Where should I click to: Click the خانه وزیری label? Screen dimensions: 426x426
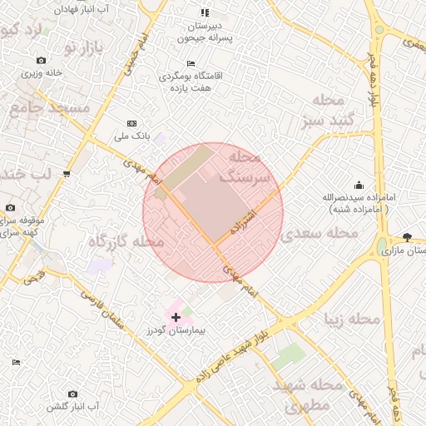42,72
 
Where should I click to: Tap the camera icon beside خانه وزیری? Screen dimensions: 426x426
42,61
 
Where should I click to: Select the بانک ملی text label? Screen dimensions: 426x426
132,135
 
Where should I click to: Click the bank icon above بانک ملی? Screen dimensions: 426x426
132,123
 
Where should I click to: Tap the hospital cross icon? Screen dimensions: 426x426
176,317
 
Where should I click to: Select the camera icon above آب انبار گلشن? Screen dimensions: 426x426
72,394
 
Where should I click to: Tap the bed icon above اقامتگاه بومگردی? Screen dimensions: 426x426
191,64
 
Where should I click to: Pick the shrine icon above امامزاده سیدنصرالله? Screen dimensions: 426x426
359,185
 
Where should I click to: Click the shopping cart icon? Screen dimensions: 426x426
66,174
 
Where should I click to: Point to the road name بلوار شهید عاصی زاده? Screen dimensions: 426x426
235,350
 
